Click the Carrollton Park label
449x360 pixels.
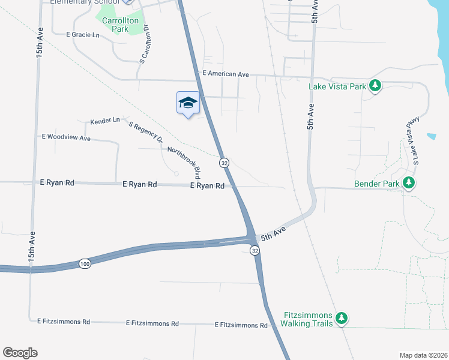pos(121,25)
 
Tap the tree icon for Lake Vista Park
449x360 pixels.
pos(375,86)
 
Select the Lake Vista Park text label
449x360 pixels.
pos(337,86)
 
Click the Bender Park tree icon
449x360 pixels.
pos(409,182)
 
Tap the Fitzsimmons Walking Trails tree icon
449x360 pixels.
pos(341,318)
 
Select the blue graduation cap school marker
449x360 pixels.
pos(188,103)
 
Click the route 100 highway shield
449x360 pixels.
pos(85,263)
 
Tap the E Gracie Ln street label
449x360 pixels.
pos(83,35)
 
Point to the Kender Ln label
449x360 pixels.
pos(105,121)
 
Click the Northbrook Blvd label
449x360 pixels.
pos(183,163)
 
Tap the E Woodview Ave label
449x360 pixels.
pos(66,137)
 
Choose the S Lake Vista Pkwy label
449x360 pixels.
pos(412,141)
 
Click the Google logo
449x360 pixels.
pos(20,353)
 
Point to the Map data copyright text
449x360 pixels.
pos(423,355)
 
